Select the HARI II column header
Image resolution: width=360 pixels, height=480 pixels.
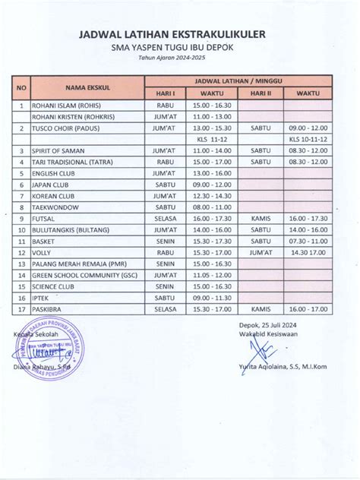click(x=261, y=93)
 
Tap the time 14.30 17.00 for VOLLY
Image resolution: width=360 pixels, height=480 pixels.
click(x=308, y=252)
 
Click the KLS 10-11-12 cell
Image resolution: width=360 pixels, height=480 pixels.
click(x=308, y=140)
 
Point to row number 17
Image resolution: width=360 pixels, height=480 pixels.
click(x=21, y=309)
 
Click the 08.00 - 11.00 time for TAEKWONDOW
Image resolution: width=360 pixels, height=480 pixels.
click(x=212, y=206)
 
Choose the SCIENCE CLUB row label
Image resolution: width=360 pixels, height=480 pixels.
click(x=54, y=286)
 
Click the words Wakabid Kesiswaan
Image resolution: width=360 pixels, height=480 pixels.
click(x=277, y=333)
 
